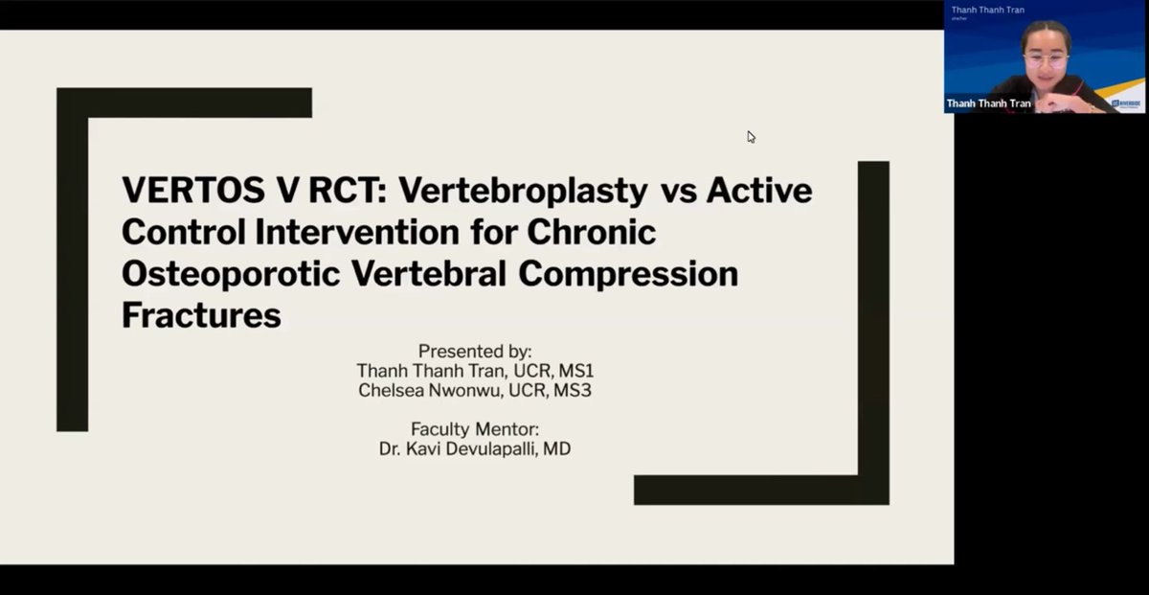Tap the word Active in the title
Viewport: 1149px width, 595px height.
[758, 191]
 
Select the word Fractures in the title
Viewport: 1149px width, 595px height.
[201, 315]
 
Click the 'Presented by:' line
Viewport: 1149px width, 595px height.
[475, 351]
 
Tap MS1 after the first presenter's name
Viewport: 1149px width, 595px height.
[574, 370]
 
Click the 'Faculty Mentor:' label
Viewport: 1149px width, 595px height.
[474, 428]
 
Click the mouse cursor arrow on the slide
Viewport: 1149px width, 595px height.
[752, 137]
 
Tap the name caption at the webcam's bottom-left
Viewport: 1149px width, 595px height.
[988, 103]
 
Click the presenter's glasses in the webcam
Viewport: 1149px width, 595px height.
[1045, 60]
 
